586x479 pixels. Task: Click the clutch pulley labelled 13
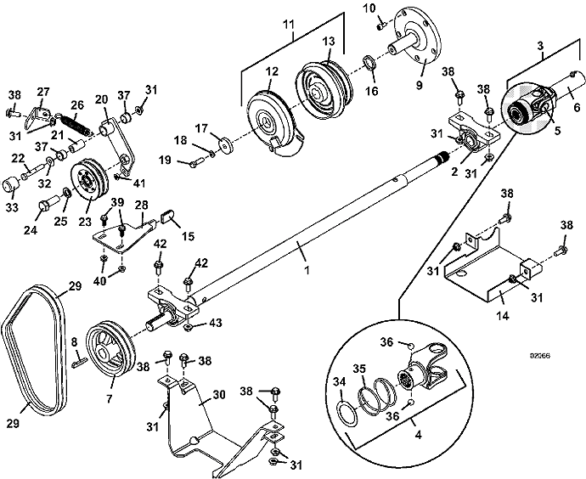coord(321,86)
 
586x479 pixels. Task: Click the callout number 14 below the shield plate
coord(502,314)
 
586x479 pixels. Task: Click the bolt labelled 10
coord(380,21)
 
